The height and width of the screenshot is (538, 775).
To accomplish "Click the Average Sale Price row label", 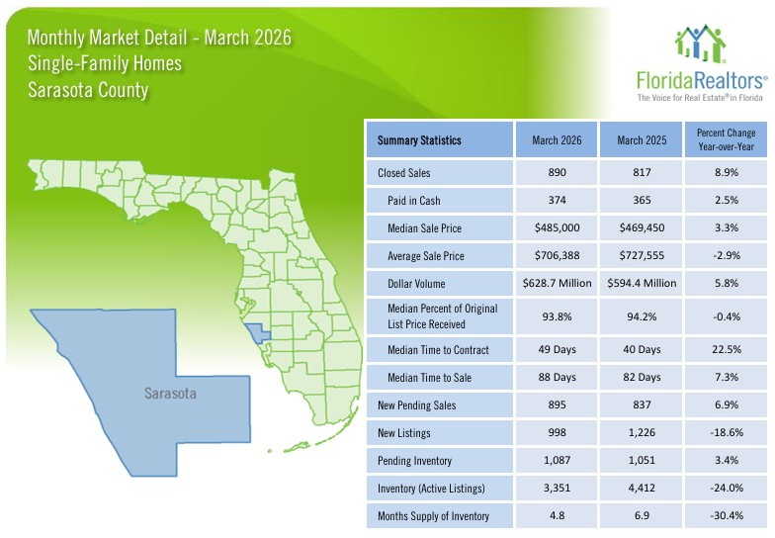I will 428,256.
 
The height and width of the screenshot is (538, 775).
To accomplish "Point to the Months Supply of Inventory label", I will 434,516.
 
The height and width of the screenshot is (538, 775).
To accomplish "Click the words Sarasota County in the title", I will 88,91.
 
